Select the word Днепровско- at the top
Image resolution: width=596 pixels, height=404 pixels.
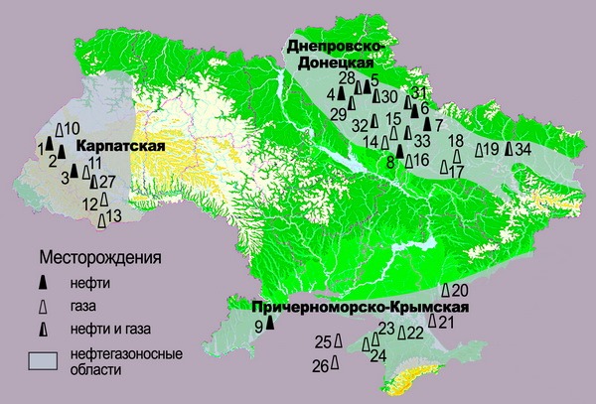(340, 47)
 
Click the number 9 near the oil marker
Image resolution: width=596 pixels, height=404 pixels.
(259, 326)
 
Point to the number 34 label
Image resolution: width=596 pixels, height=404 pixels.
(523, 149)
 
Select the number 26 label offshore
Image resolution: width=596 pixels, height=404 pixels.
(320, 366)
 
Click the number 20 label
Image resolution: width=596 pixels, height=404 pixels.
(459, 290)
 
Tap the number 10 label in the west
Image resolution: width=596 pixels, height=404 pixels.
(72, 129)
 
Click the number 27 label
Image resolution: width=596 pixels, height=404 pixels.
(108, 181)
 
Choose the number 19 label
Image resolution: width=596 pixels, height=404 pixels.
(490, 150)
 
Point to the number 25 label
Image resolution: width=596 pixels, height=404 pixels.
(322, 342)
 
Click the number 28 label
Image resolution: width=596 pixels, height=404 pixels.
(347, 78)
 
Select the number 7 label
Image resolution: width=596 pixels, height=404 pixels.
(438, 125)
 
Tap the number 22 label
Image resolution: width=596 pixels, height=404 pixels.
(415, 334)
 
